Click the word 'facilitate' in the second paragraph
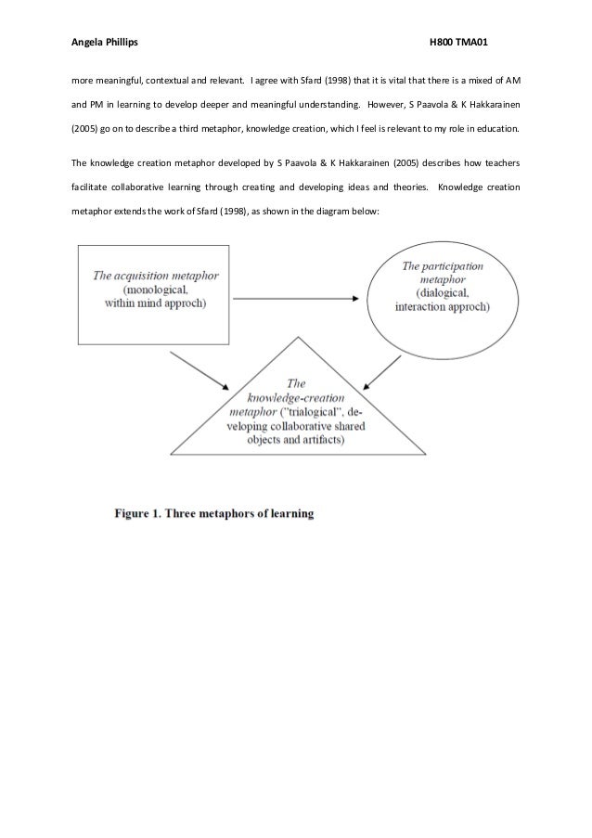[92, 187]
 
